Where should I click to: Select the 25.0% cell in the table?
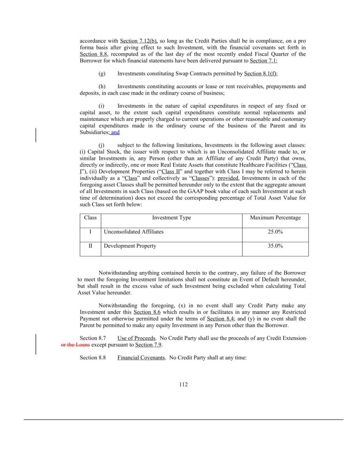(275, 232)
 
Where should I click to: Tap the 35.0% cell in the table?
(275, 246)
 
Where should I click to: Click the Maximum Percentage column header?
(275, 218)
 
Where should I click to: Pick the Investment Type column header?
(171, 218)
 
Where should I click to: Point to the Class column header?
(90, 218)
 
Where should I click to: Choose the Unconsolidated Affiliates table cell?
(134, 232)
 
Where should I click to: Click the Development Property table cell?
(130, 246)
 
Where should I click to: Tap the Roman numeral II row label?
(90, 246)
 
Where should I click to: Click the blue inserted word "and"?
(115, 132)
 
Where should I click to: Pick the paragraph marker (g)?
(102, 73)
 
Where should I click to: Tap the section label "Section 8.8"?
(92, 358)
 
